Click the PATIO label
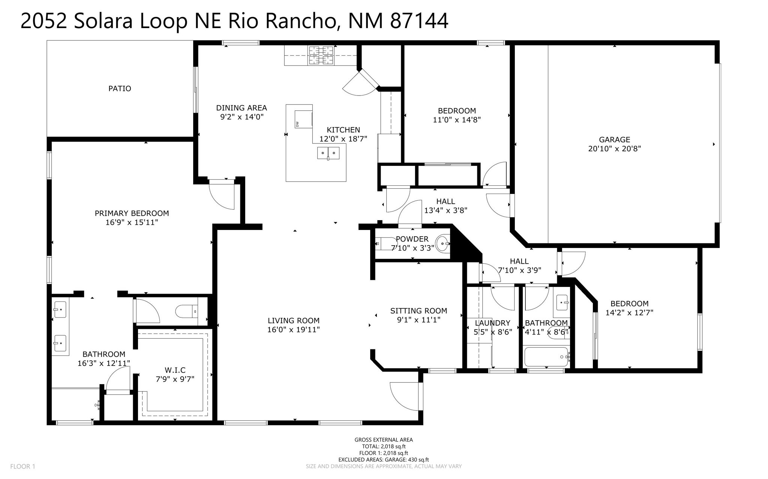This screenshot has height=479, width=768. [120, 88]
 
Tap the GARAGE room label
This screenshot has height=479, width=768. [614, 140]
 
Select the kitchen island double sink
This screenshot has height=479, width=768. [328, 153]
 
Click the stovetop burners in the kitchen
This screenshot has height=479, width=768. [321, 55]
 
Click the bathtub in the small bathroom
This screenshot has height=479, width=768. [547, 357]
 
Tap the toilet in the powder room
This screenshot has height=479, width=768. [381, 244]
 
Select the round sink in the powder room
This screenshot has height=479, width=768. [442, 243]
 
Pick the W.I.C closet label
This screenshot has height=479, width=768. [175, 370]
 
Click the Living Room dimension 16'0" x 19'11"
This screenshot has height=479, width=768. [293, 330]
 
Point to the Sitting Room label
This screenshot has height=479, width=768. [418, 310]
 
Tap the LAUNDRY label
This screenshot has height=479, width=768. [492, 323]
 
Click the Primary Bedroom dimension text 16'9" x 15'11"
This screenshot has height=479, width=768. [132, 222]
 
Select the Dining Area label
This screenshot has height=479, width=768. [241, 107]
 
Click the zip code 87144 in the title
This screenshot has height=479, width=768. [419, 21]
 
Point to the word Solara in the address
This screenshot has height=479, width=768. [103, 21]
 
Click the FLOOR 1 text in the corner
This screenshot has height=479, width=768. [22, 466]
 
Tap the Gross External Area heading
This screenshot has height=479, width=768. [384, 440]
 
